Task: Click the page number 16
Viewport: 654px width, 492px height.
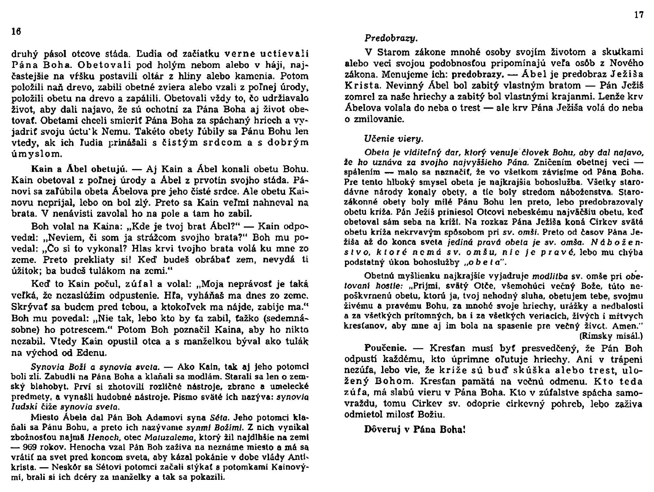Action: click(16, 31)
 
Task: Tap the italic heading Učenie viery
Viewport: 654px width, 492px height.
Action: click(394, 139)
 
